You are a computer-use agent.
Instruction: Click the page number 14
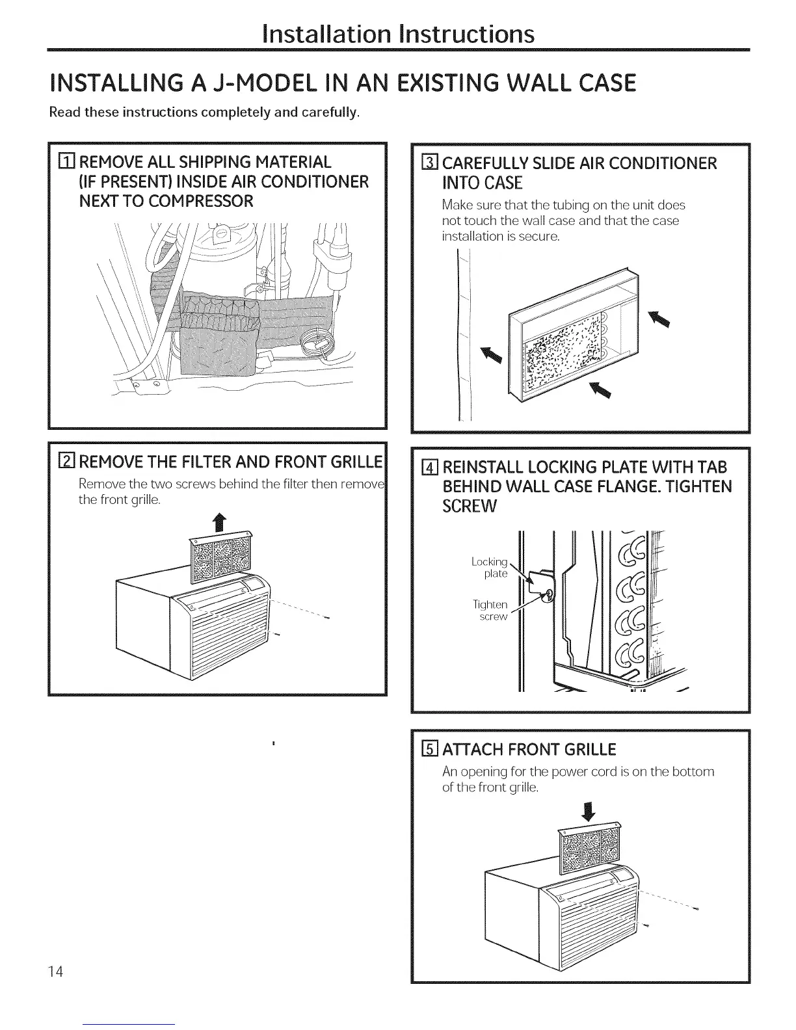(55, 971)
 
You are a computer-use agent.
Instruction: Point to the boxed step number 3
(429, 163)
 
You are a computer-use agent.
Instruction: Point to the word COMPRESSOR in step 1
(200, 201)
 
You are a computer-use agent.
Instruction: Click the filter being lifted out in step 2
(220, 557)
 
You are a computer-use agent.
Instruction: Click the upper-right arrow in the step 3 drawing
(660, 318)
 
